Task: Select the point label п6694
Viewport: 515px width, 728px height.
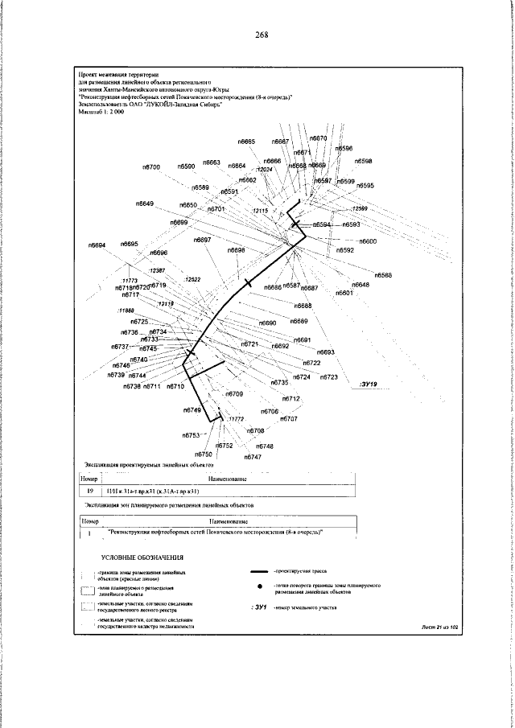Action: coord(97,245)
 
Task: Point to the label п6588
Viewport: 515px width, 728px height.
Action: coord(383,276)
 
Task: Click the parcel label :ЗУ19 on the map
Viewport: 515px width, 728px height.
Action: coord(369,384)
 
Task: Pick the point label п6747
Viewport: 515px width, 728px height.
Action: coord(253,456)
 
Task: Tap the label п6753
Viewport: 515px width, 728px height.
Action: coord(189,434)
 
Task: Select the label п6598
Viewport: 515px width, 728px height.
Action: coord(363,161)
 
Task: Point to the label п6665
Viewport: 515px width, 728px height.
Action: coord(246,142)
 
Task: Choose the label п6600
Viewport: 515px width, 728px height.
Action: coord(368,241)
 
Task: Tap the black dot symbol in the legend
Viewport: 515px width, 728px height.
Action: coord(260,609)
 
